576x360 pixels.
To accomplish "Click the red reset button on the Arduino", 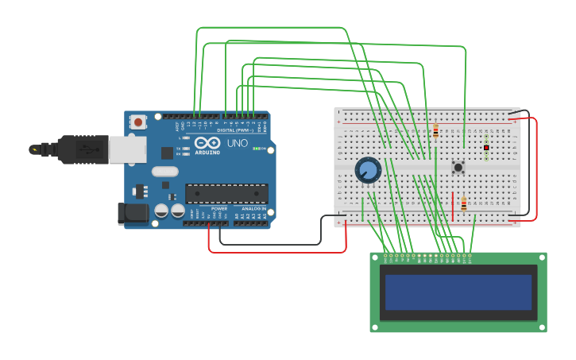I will point(138,122).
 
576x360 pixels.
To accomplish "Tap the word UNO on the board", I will point(238,144).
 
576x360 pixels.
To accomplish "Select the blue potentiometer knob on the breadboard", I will point(368,169).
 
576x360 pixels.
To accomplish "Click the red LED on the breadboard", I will point(486,147).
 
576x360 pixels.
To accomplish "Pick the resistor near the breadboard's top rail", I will point(435,131).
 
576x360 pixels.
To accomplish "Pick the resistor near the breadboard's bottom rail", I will point(464,205).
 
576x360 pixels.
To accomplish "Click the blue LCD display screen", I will point(458,292).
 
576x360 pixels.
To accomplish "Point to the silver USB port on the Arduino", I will point(127,149).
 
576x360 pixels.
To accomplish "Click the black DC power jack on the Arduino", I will point(133,213).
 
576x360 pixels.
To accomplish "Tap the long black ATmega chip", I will point(226,193).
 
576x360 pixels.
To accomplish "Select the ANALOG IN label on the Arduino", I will point(253,208).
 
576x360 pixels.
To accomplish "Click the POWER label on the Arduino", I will point(218,208).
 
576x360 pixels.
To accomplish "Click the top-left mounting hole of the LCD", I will point(374,257).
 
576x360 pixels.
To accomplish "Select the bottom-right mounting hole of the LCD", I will point(543,327).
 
